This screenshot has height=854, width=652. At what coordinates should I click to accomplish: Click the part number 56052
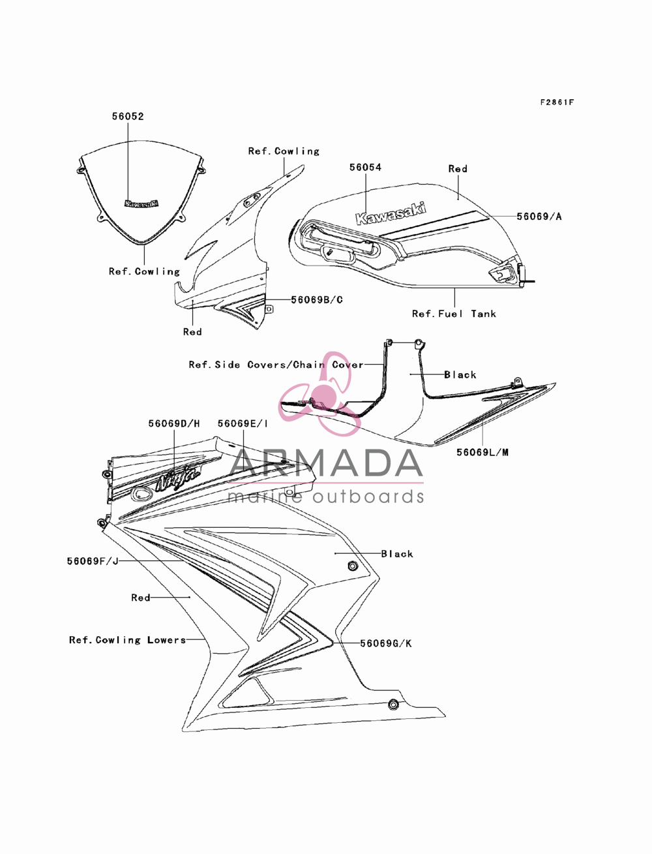[x=128, y=116]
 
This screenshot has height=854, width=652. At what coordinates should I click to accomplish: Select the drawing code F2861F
[x=557, y=102]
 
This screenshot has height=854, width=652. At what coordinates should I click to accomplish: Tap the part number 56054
[x=366, y=167]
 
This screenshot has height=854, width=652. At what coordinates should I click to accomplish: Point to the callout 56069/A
[x=539, y=217]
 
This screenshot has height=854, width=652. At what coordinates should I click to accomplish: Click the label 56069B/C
[x=317, y=299]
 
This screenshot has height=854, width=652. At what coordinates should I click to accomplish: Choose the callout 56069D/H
[x=174, y=423]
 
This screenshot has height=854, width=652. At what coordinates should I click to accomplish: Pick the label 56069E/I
[x=243, y=423]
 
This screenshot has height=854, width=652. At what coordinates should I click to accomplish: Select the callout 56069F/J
[x=93, y=561]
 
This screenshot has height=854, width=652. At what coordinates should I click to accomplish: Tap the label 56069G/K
[x=386, y=643]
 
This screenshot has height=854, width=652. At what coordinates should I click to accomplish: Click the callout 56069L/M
[x=482, y=452]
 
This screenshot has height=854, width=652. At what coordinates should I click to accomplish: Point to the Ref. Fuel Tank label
[x=454, y=314]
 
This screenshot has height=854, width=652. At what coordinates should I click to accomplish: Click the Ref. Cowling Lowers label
[x=128, y=640]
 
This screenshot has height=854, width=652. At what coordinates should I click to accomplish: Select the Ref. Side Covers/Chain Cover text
[x=276, y=365]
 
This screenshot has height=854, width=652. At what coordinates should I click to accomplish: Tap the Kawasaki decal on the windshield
[x=141, y=204]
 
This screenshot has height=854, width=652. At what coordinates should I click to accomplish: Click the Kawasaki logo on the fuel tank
[x=391, y=213]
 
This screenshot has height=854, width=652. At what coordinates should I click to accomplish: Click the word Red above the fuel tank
[x=458, y=169]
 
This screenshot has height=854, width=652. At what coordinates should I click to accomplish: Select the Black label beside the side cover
[x=460, y=374]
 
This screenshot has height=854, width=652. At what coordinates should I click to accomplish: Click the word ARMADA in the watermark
[x=326, y=463]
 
